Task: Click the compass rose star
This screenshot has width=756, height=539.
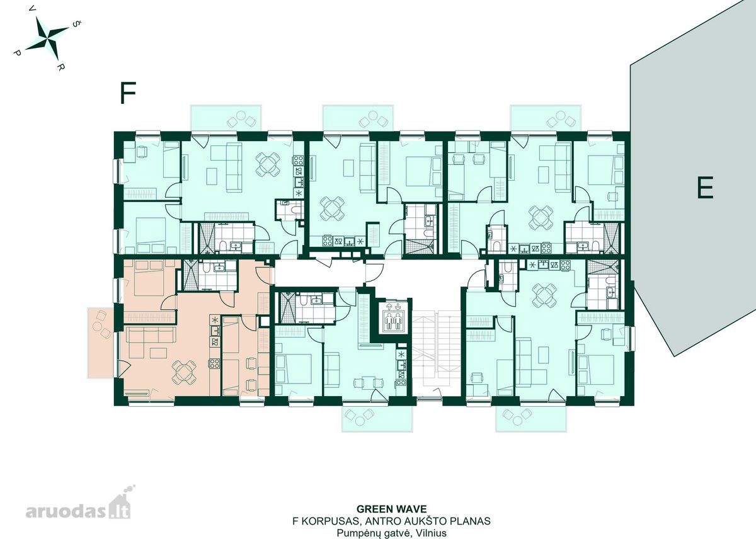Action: (x=47, y=38)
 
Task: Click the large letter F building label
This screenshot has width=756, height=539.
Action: (x=128, y=93)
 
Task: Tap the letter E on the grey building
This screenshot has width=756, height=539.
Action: (x=705, y=188)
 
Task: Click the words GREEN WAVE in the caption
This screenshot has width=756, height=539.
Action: (x=391, y=509)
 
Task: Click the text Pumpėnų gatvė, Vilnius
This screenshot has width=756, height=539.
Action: (x=391, y=533)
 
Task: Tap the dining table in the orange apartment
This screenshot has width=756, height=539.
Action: (x=184, y=372)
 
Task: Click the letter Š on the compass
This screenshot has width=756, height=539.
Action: (x=77, y=23)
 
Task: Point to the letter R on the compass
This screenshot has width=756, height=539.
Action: (x=60, y=67)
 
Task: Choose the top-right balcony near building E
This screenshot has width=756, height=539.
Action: (x=546, y=118)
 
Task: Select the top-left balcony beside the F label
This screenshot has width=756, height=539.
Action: (x=226, y=118)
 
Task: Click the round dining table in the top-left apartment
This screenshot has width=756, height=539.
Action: (x=268, y=164)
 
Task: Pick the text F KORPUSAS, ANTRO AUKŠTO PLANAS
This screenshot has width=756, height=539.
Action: (x=391, y=521)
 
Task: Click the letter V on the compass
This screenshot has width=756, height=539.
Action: (x=32, y=8)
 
